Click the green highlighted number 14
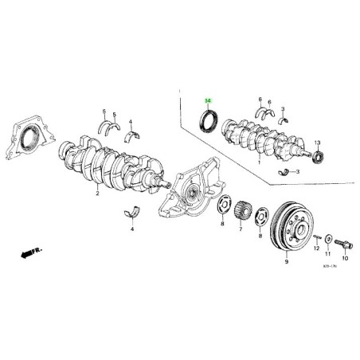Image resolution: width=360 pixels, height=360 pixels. [x=209, y=101]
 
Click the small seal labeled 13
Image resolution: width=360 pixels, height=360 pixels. [x=317, y=157]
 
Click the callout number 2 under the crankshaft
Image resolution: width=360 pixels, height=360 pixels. [x=97, y=194]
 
